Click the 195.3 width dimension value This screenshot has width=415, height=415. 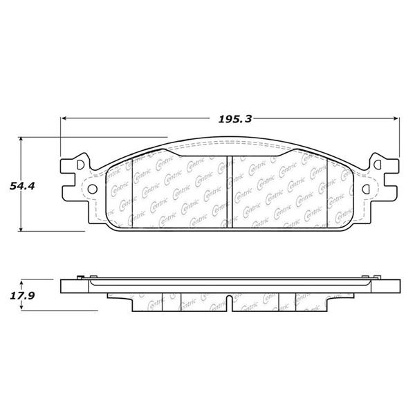234,119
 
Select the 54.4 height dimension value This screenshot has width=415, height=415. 22,186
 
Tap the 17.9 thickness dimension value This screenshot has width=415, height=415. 22,295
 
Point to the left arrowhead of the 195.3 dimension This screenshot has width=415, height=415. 64,118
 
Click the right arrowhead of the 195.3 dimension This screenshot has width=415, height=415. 396,118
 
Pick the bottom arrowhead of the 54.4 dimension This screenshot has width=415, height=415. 21,228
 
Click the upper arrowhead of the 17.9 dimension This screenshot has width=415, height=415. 22,282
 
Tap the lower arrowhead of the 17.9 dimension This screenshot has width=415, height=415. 22,307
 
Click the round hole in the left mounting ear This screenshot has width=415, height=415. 93,189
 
